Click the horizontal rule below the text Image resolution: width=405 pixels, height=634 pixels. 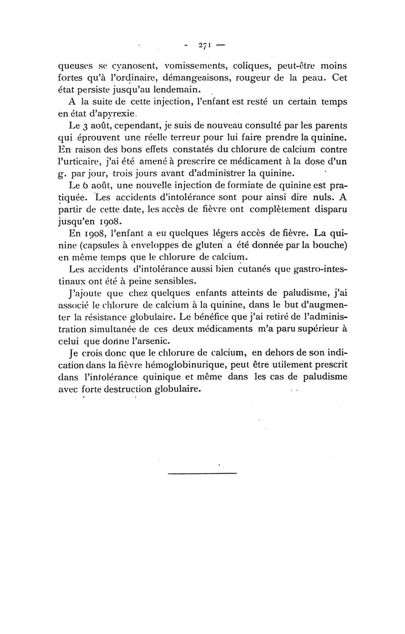[202, 473]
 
